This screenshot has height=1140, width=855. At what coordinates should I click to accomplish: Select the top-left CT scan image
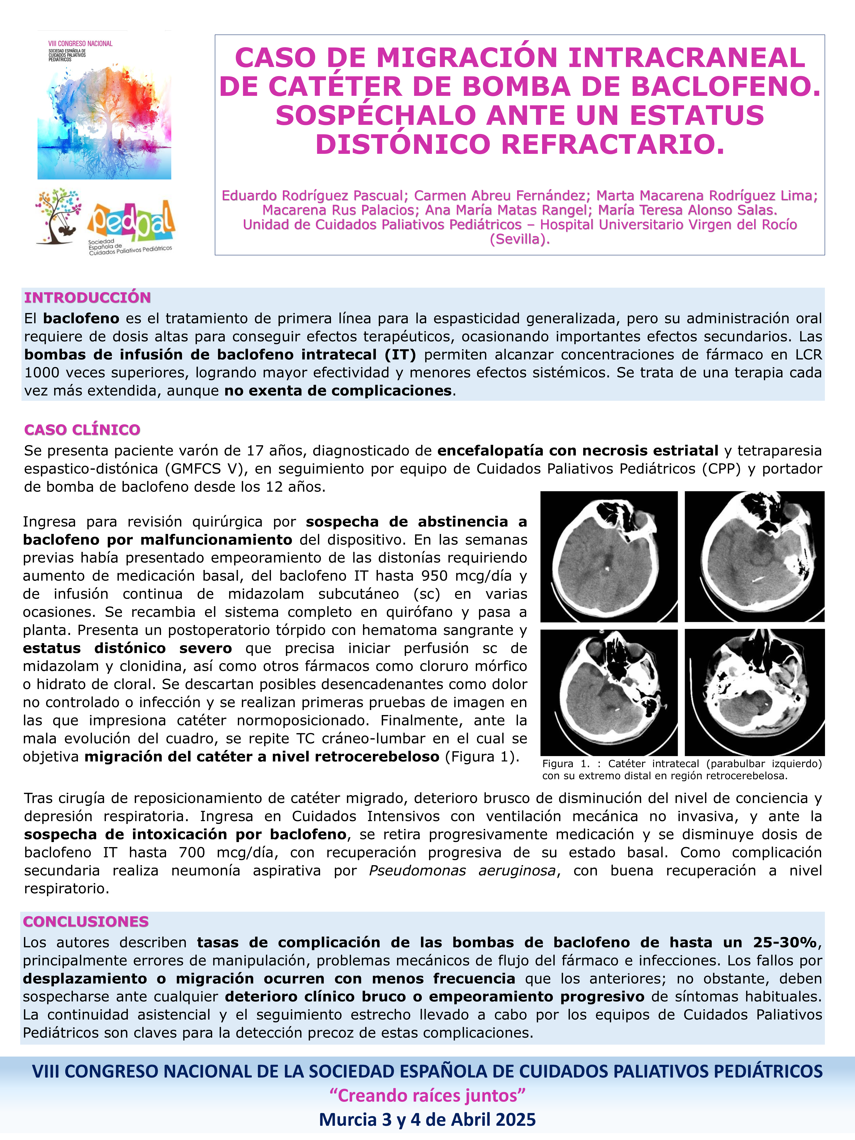pyautogui.click(x=609, y=557)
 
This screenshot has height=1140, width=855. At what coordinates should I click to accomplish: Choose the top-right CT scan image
pyautogui.click(x=754, y=557)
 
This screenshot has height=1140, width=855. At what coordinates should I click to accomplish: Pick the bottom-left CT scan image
pyautogui.click(x=609, y=692)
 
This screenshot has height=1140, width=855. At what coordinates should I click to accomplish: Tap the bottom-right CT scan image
pyautogui.click(x=754, y=692)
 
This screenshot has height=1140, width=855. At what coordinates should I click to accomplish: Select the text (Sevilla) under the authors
pyautogui.click(x=520, y=239)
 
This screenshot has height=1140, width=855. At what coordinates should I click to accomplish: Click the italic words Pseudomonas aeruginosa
pyautogui.click(x=462, y=871)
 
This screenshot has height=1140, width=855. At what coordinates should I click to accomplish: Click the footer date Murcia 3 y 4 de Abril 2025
pyautogui.click(x=427, y=1119)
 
